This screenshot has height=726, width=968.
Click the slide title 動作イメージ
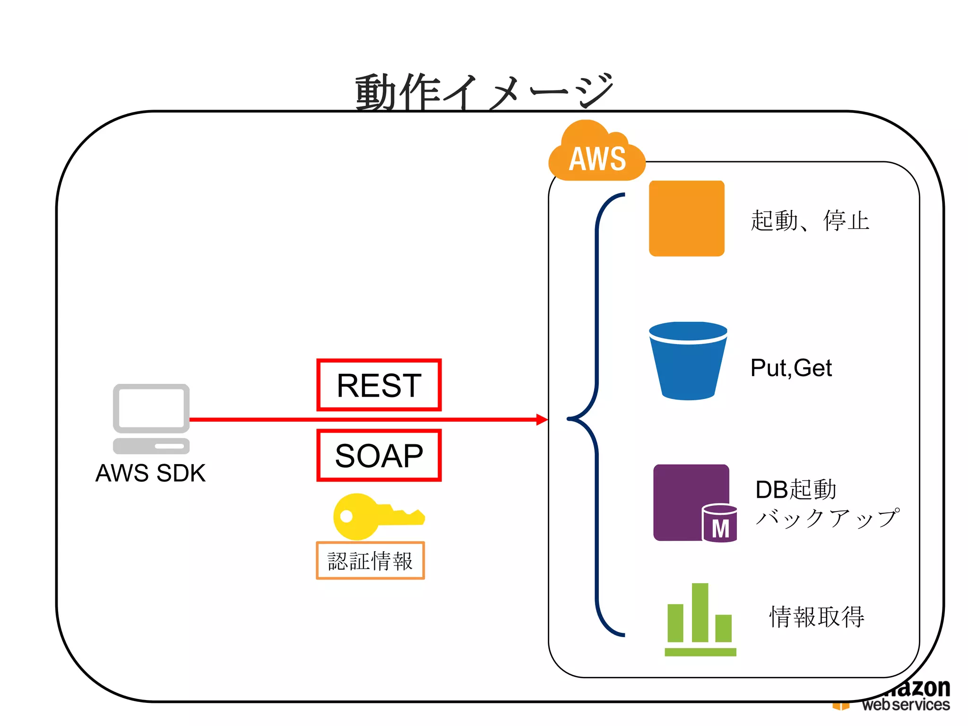pos(484,91)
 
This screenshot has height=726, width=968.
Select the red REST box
pos(379,385)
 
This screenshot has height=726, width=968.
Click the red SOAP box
pos(379,455)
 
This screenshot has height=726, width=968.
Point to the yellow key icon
pos(373,517)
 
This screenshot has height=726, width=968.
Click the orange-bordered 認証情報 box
pos(370,561)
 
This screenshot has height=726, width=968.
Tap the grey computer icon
pos(151,418)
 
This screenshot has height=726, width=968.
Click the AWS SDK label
pos(150,473)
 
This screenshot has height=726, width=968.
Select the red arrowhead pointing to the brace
pos(542,419)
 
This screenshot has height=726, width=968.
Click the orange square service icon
pos(686,218)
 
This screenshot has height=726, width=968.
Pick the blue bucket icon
pos(688,362)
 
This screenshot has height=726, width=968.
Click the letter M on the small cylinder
pos(720,528)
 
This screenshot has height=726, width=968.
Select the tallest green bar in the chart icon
pos(700,612)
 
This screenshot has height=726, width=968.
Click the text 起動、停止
pos(810,221)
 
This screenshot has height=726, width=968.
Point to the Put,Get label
pos(791,368)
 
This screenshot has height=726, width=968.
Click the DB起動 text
pos(795,490)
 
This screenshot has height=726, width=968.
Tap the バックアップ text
pos(827,519)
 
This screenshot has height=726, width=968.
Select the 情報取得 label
pos(817,617)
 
